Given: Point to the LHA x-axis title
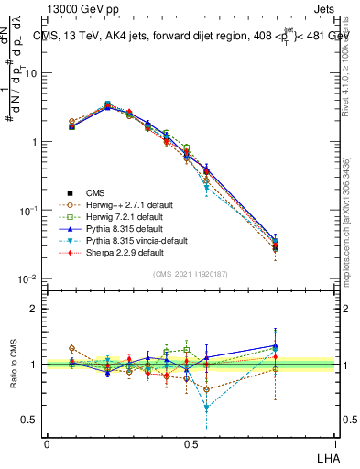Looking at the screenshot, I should [327, 455].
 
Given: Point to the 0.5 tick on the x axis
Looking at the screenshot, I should [191, 442].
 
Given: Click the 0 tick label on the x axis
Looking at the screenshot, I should [47, 442].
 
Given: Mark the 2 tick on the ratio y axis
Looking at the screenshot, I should [34, 309].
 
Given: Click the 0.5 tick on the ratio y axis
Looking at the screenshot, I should [30, 420].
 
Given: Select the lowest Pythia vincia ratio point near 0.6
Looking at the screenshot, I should [206, 408].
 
